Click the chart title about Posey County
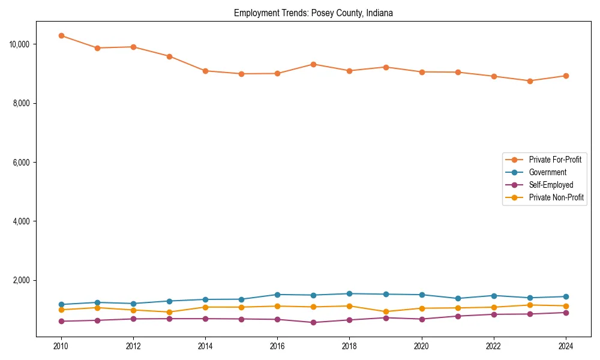click(313, 13)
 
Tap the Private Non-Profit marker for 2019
click(386, 312)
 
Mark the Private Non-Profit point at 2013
click(169, 312)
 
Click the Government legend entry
click(547, 172)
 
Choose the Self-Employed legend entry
click(551, 185)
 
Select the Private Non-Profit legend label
click(556, 197)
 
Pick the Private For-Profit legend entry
click(555, 160)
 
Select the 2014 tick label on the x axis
click(205, 346)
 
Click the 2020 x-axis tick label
click(422, 346)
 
